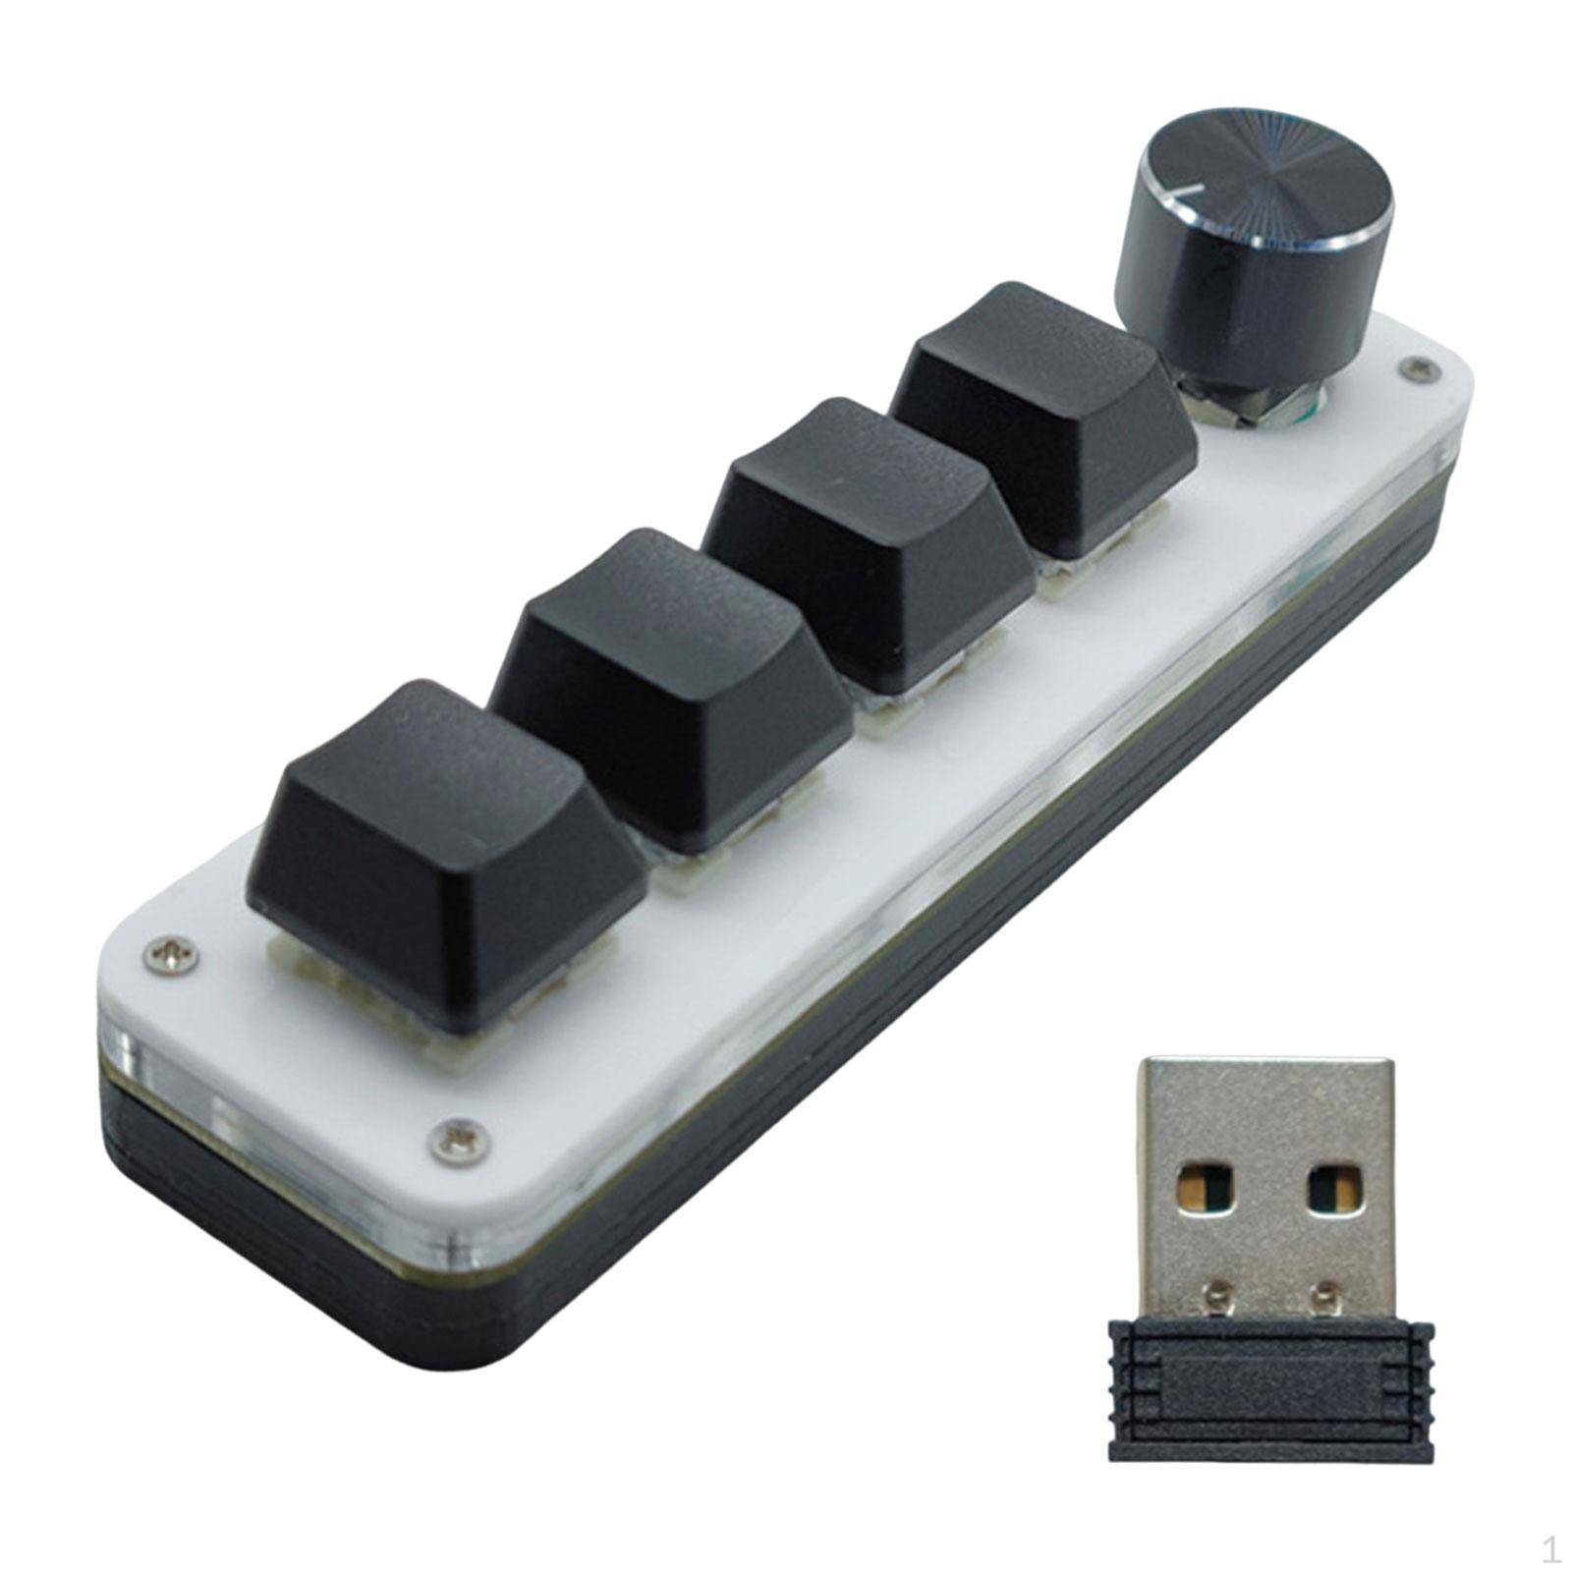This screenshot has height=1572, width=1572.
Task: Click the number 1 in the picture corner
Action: click(x=1550, y=1550)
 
